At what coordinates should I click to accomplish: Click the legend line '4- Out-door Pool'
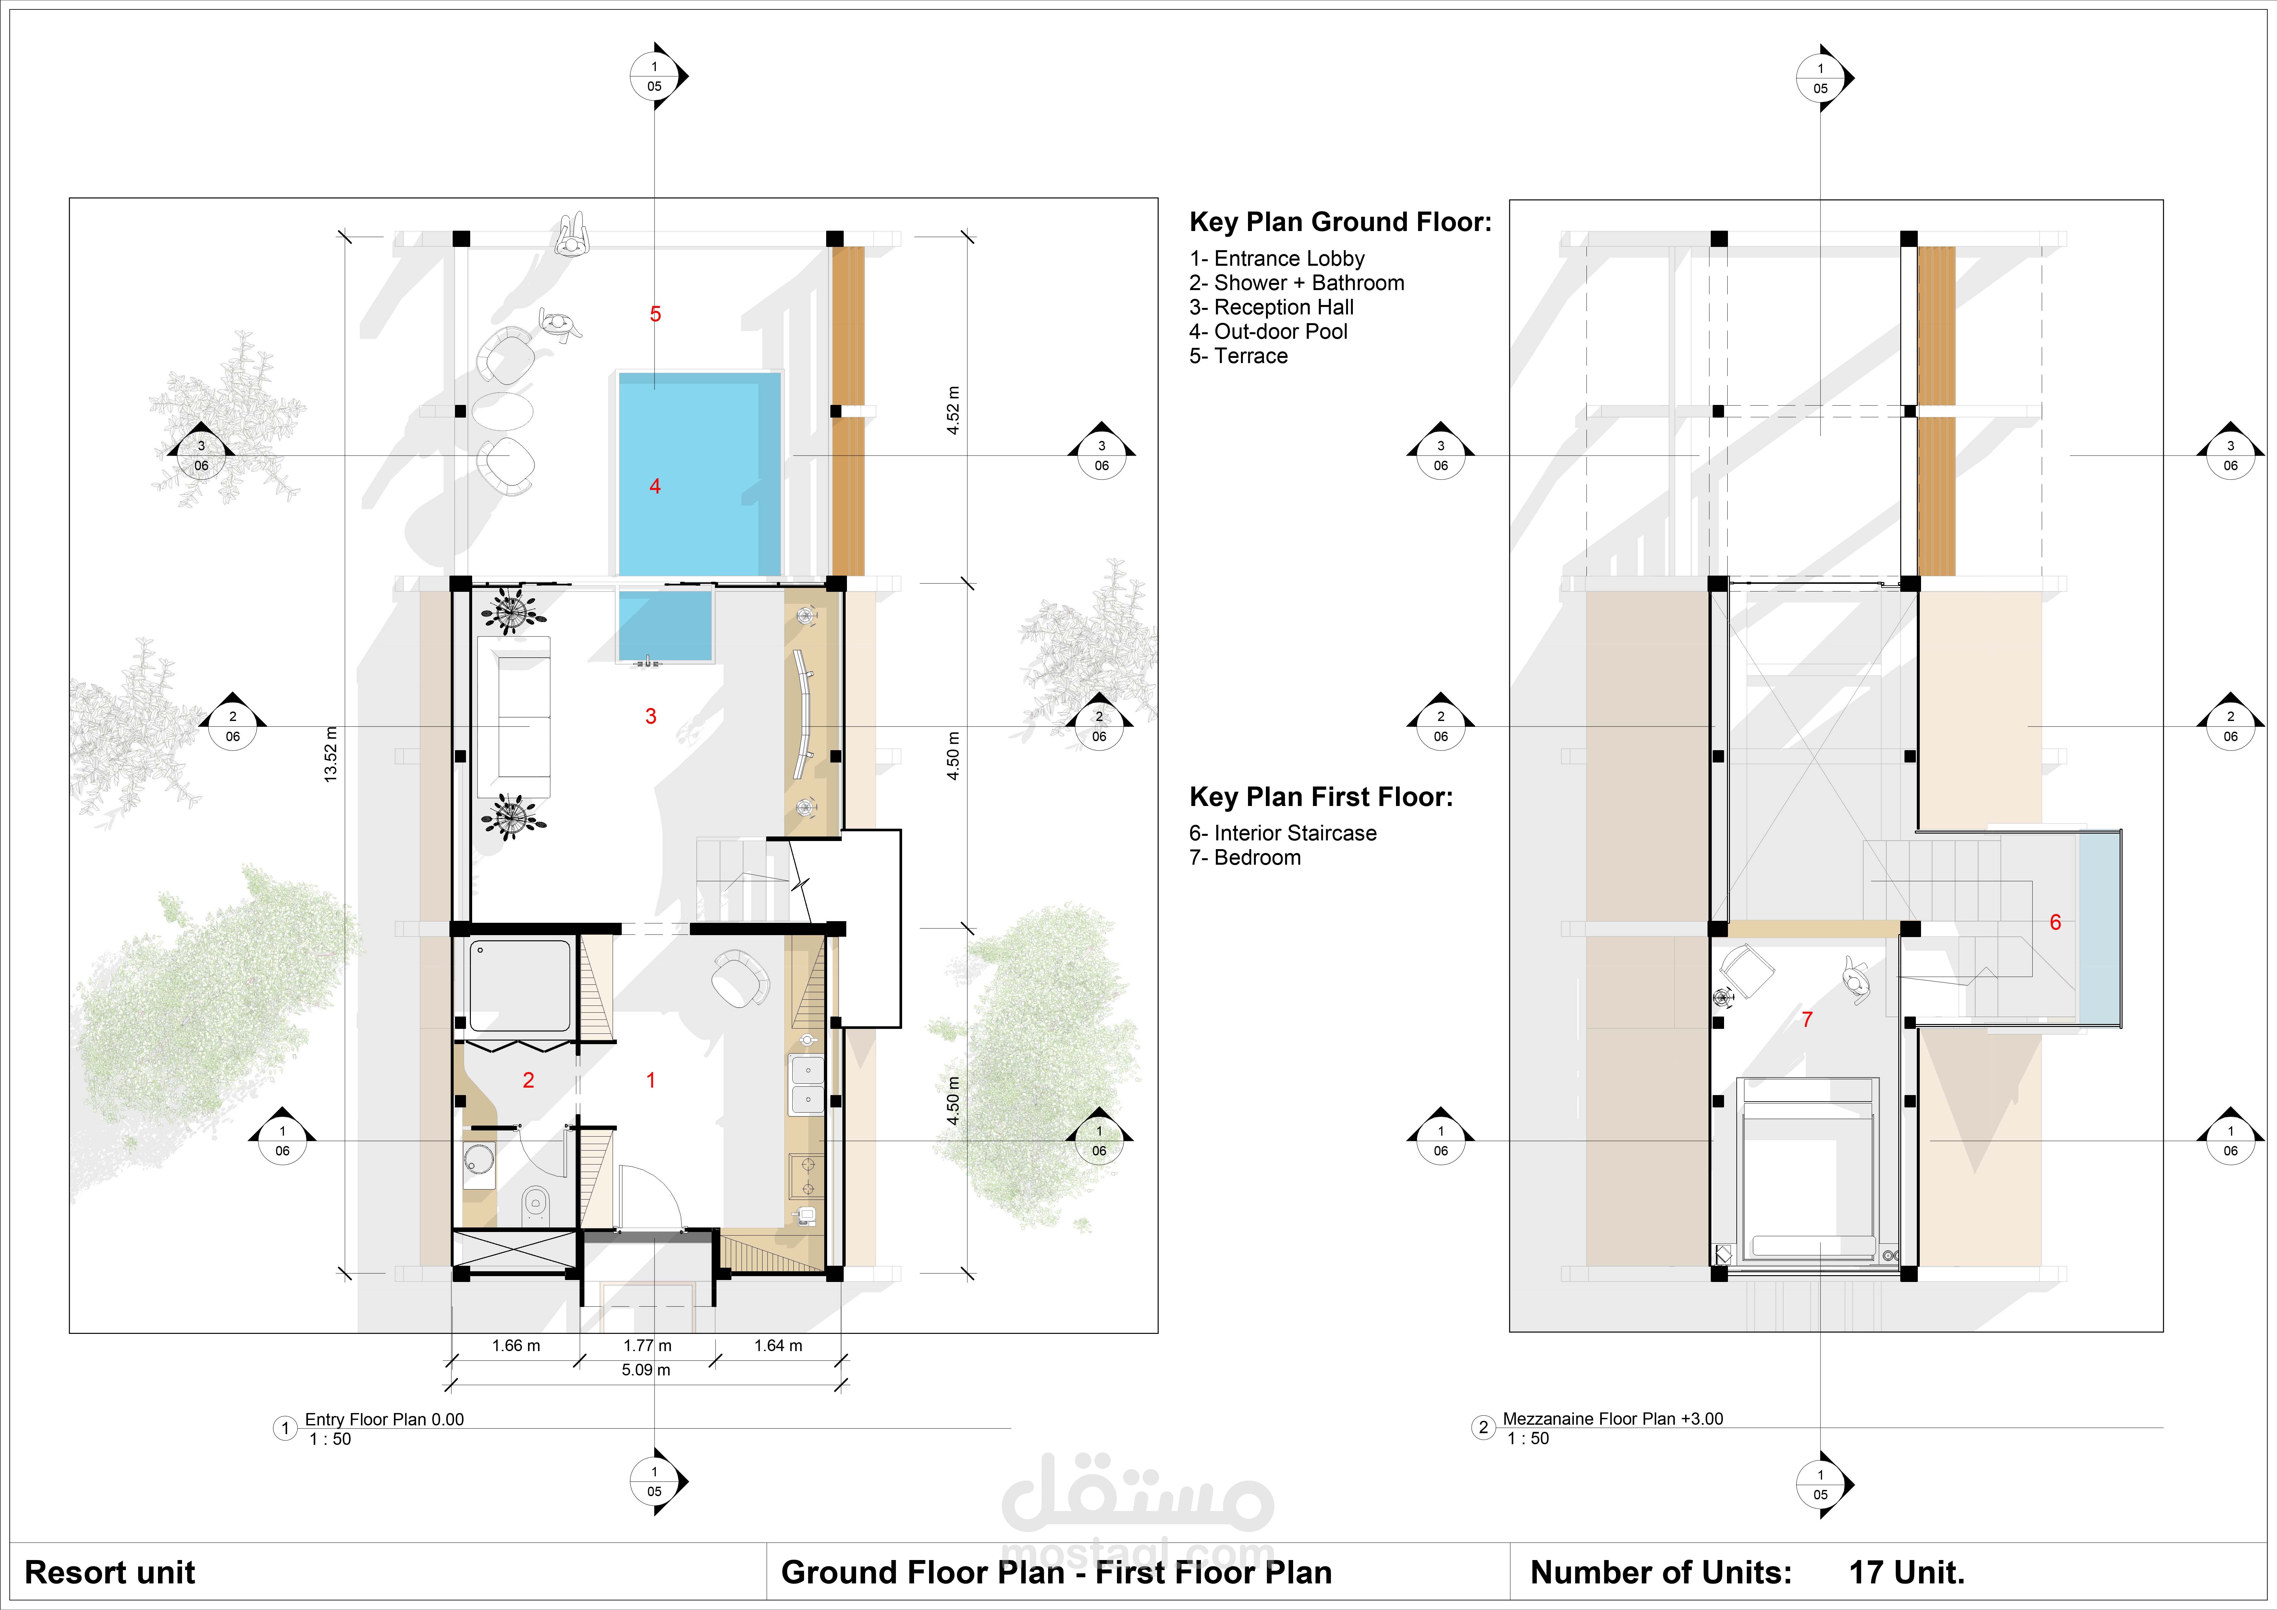[x=1268, y=332]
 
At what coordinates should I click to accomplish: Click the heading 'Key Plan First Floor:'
[x=1321, y=797]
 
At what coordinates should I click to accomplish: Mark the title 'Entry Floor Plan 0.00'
[x=385, y=1420]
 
